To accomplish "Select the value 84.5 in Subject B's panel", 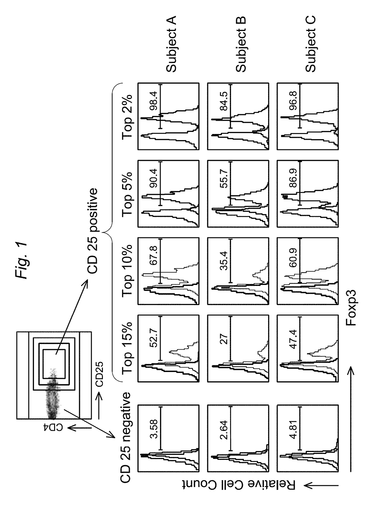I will click(x=223, y=101).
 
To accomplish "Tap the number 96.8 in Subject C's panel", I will click(x=293, y=101).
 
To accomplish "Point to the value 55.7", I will click(x=223, y=178).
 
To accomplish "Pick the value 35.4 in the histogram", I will click(x=223, y=261).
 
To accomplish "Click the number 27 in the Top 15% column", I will click(x=223, y=339).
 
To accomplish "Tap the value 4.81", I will click(x=293, y=429).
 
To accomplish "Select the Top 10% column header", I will click(x=127, y=271).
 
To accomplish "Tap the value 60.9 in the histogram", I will click(x=293, y=258).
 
